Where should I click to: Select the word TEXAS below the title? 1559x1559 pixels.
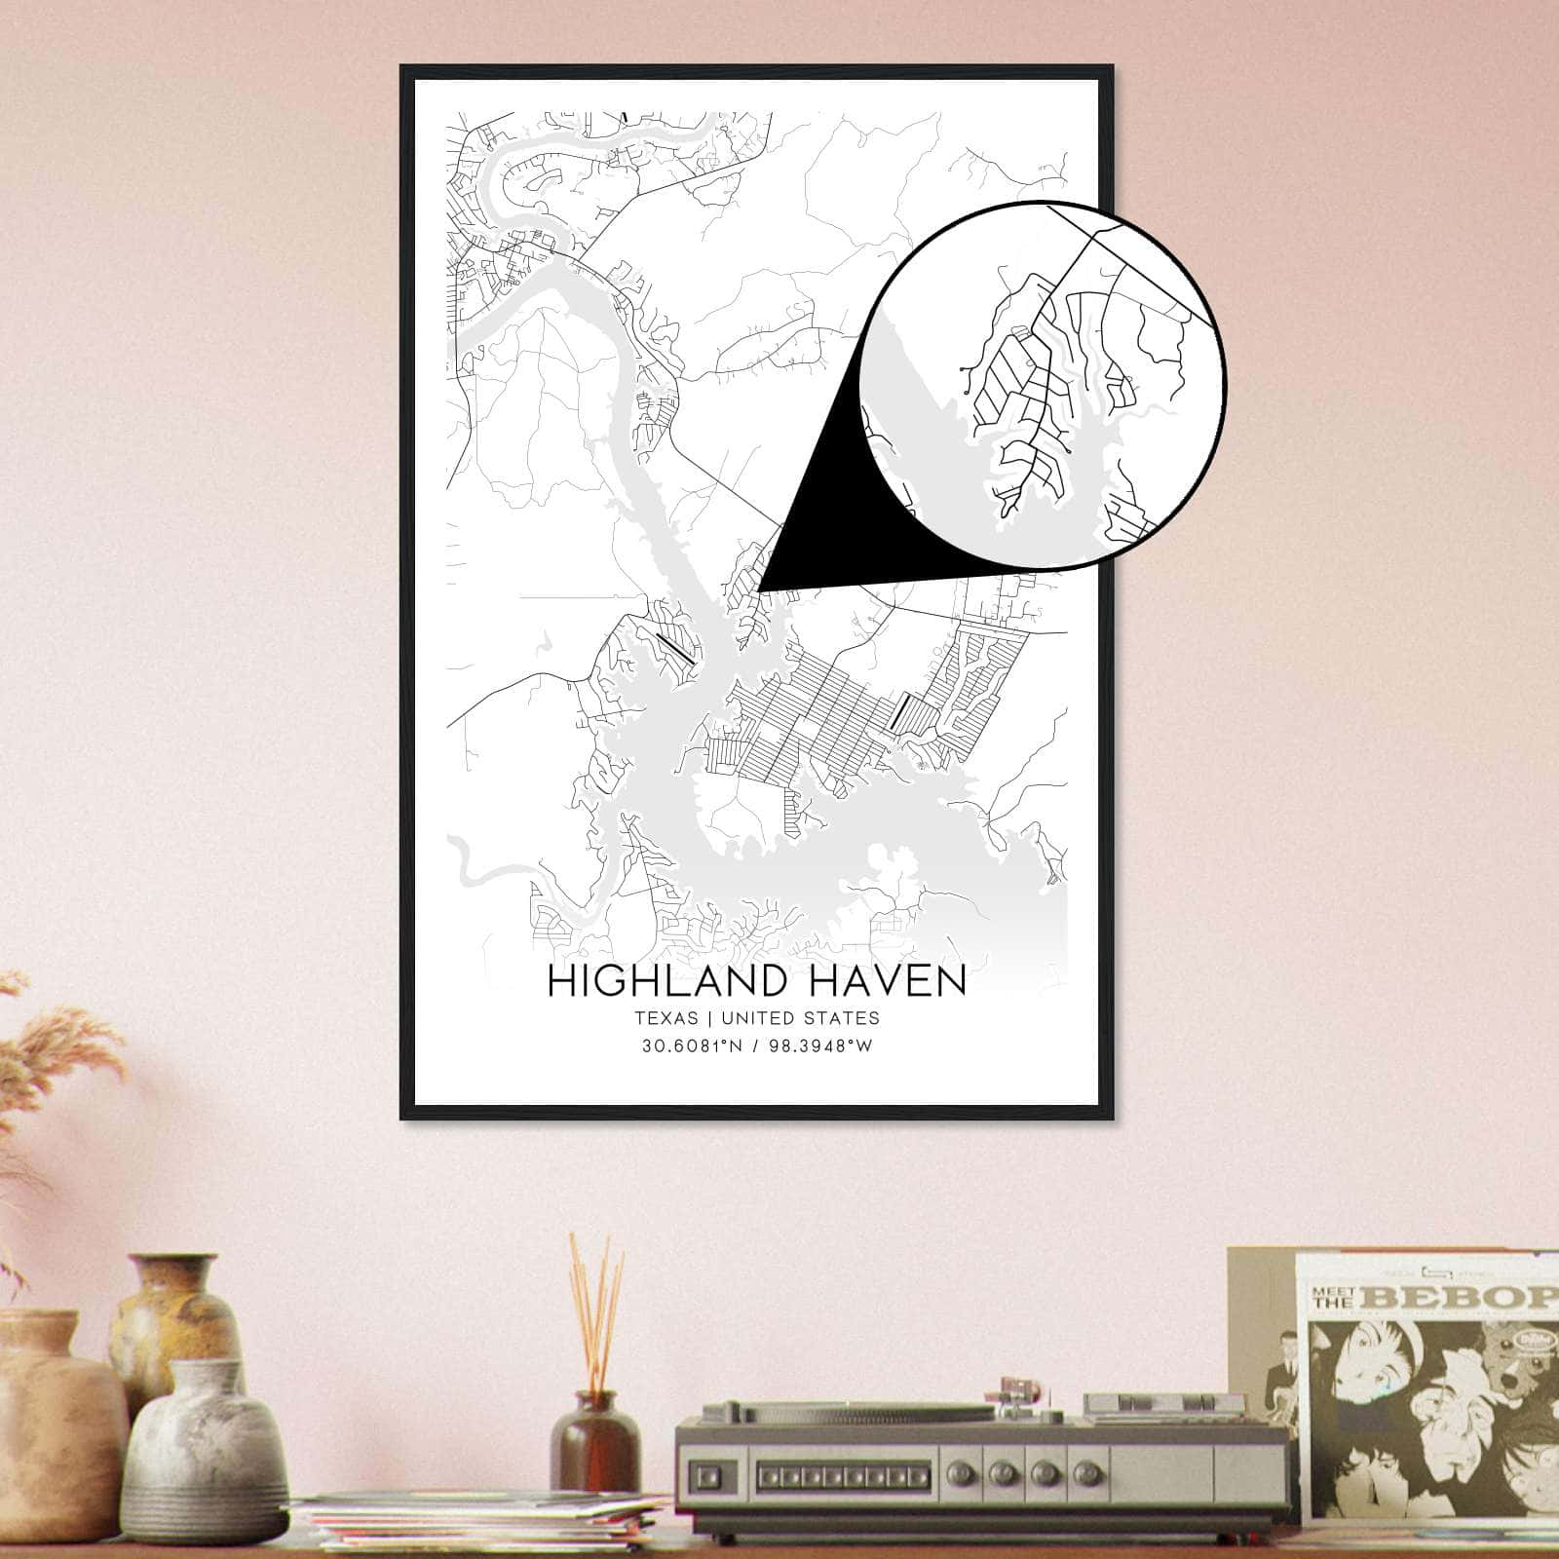[x=666, y=1018]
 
